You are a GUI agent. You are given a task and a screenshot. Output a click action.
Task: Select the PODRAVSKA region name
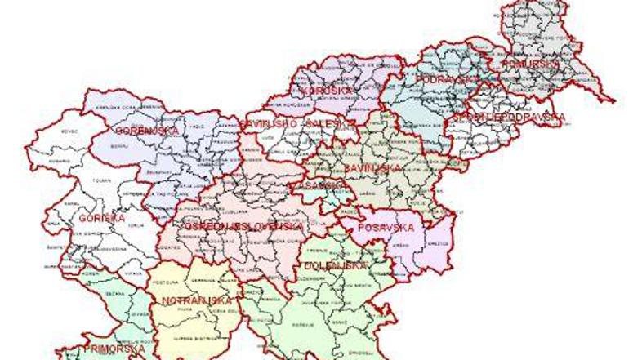pos(447,79)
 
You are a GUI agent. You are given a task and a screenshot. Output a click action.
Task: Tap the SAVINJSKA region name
pos(372,167)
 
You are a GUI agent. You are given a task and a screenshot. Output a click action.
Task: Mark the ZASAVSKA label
pos(312,186)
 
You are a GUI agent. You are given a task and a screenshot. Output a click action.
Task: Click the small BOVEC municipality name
pos(68,130)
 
